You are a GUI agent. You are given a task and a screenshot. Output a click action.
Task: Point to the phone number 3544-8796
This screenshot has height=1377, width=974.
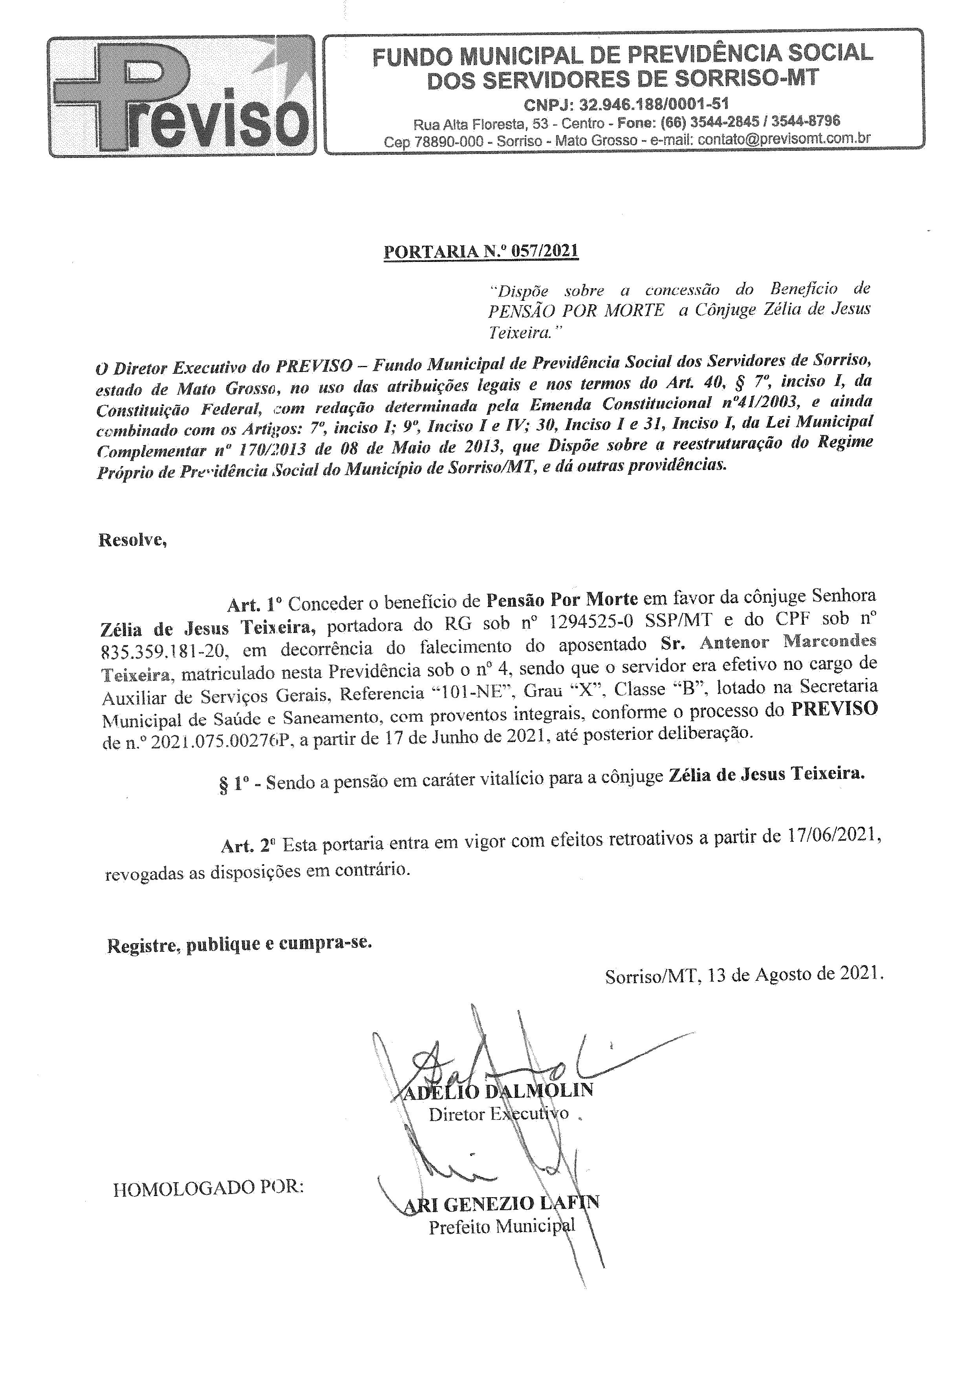click(806, 122)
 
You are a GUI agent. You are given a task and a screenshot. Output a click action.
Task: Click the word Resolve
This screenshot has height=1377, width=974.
click(132, 540)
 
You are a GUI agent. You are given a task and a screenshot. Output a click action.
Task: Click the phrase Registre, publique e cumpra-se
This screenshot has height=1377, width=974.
click(239, 944)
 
